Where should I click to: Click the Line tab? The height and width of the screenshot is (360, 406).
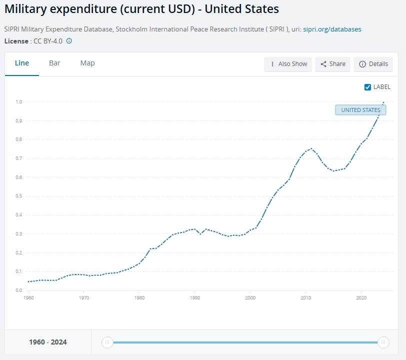[22, 63]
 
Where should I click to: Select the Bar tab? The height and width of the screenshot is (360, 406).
[54, 63]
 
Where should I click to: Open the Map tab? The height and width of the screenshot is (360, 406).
[87, 63]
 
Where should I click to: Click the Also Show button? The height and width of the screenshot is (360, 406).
[288, 64]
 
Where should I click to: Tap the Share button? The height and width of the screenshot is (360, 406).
[333, 64]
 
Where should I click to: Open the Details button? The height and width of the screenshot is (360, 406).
[373, 64]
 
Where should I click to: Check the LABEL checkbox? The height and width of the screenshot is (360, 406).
[368, 87]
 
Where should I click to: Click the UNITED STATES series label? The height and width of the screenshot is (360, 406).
[360, 110]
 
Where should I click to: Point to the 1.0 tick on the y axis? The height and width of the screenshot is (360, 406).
[18, 102]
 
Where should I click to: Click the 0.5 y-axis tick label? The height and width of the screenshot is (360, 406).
[18, 196]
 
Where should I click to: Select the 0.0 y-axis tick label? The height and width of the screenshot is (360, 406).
[18, 290]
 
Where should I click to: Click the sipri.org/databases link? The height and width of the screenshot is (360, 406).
[332, 29]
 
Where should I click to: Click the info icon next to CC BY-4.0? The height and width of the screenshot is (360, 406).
[69, 41]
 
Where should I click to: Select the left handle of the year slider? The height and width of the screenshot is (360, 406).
[107, 342]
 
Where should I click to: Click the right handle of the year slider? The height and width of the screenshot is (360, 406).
[383, 342]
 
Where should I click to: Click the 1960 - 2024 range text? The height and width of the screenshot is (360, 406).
[48, 342]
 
